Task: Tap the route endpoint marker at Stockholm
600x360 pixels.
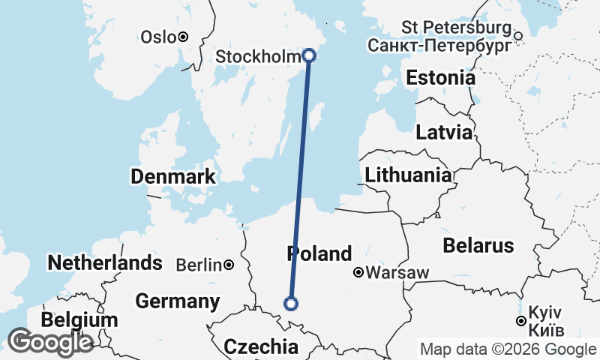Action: (x=309, y=55)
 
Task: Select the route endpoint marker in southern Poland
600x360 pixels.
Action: (x=291, y=304)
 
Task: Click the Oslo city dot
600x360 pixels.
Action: (x=182, y=36)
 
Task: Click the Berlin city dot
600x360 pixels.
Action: (x=228, y=265)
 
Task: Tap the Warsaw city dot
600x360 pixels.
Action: (x=358, y=272)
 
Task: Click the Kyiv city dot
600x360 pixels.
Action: (x=521, y=321)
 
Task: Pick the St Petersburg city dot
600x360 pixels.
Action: (x=517, y=34)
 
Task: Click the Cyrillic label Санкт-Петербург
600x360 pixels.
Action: (x=440, y=46)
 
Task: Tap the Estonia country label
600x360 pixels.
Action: (x=440, y=78)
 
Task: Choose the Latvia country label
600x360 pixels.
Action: (x=445, y=133)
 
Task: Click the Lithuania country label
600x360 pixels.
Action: (x=409, y=175)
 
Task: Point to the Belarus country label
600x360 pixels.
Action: (x=478, y=245)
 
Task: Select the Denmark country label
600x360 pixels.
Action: (x=173, y=177)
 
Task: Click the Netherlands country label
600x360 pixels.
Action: (x=104, y=262)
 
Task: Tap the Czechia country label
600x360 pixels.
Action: (x=261, y=346)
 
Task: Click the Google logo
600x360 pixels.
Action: (x=50, y=342)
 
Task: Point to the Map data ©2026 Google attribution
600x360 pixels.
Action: (x=508, y=349)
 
